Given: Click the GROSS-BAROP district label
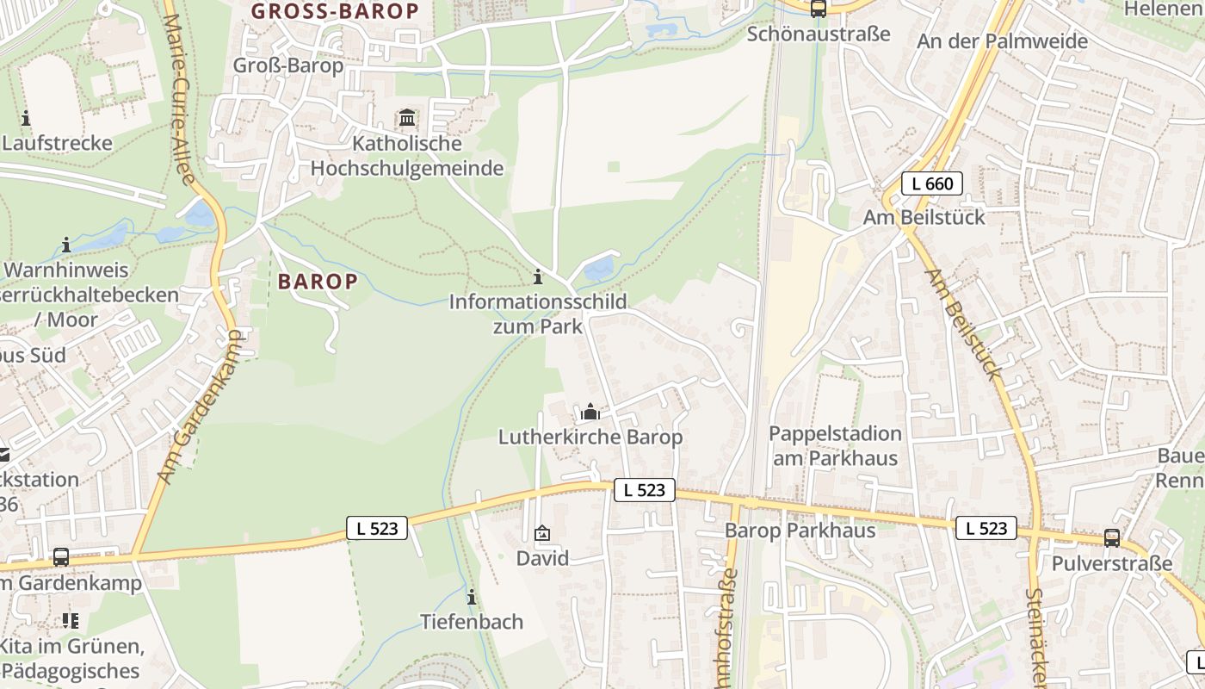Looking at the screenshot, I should (x=335, y=11).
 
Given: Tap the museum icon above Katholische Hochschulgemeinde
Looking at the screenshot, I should (x=407, y=117).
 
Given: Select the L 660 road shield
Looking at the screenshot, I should (x=932, y=183).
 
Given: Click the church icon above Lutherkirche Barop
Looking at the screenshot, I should (x=590, y=413).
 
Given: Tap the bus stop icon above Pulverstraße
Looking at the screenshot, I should (x=1112, y=538).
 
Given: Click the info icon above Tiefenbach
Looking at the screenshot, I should (x=472, y=597).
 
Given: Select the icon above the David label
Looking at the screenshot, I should (x=542, y=534).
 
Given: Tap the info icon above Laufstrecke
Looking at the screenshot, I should (x=26, y=118).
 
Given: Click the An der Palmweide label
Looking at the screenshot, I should (x=1002, y=40).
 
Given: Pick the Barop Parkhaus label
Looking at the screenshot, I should (x=800, y=530).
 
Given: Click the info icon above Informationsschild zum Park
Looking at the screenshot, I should (x=538, y=277).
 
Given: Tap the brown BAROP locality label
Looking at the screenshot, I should (x=318, y=281).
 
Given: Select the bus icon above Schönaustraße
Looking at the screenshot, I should (x=818, y=9).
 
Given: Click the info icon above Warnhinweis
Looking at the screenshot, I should (x=66, y=245).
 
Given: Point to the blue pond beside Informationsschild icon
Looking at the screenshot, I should (x=599, y=269).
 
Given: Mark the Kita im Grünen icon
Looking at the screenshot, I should (x=71, y=620).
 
